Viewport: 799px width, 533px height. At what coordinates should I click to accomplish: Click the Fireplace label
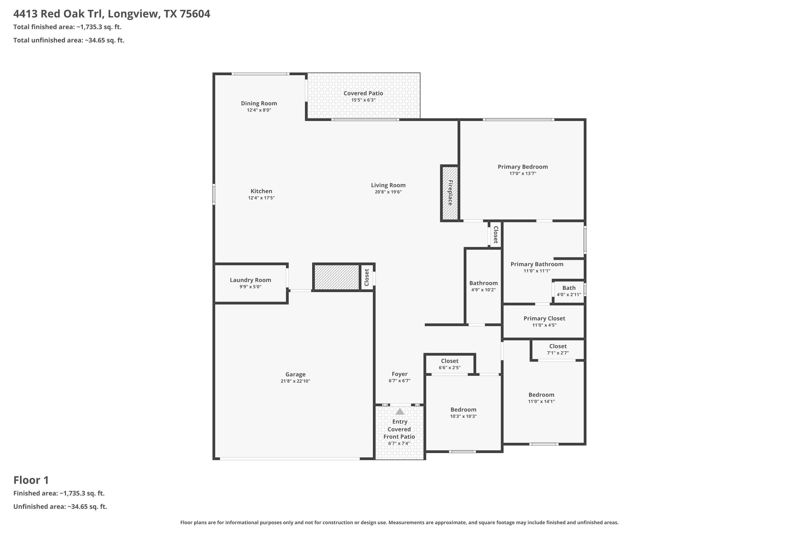click(450, 193)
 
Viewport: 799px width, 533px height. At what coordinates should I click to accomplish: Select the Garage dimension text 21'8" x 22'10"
click(295, 381)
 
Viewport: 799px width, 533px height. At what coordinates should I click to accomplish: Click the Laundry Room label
click(250, 280)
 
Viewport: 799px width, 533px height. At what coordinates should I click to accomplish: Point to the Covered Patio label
click(363, 93)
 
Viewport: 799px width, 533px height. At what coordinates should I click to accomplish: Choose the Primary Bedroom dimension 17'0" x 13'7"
click(523, 173)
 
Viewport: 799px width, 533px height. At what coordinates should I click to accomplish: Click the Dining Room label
click(259, 103)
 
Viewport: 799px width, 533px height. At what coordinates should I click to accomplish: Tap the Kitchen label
click(261, 191)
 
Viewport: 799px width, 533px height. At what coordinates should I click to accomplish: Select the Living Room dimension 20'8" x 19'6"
click(388, 192)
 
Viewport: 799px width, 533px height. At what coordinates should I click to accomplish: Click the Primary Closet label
click(544, 318)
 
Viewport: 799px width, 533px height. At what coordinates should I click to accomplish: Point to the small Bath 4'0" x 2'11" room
click(569, 291)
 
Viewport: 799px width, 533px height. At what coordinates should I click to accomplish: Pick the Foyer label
click(399, 374)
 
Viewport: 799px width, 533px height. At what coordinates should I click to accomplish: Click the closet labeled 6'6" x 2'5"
click(450, 364)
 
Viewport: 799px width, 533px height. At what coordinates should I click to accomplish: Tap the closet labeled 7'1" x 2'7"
click(558, 350)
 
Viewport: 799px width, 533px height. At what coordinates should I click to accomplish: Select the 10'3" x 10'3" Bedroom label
click(463, 410)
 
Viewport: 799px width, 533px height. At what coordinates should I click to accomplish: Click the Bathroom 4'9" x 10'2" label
click(483, 283)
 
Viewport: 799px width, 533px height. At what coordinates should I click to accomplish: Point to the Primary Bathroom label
click(537, 264)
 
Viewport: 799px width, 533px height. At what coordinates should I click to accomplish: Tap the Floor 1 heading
click(31, 480)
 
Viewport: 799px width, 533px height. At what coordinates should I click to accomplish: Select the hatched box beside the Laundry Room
click(336, 277)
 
